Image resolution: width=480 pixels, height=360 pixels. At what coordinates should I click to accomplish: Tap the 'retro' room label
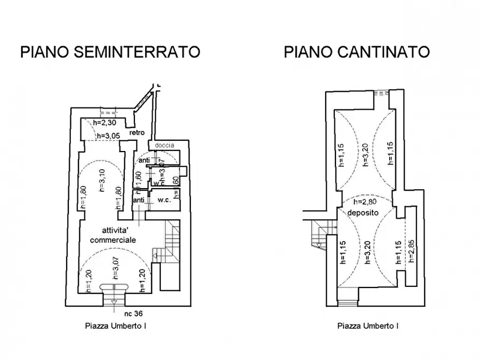pyautogui.click(x=137, y=133)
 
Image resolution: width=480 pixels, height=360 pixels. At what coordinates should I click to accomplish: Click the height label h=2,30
pyautogui.click(x=104, y=123)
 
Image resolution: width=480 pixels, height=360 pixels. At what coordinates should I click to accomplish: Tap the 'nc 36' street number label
pyautogui.click(x=133, y=313)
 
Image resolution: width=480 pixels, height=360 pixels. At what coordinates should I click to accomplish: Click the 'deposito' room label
pyautogui.click(x=363, y=213)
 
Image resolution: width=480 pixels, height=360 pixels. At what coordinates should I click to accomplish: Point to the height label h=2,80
pyautogui.click(x=366, y=203)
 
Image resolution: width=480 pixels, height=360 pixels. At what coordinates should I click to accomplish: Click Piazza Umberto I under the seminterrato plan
pyautogui.click(x=116, y=326)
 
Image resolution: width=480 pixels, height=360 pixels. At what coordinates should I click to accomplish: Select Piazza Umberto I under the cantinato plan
pyautogui.click(x=368, y=326)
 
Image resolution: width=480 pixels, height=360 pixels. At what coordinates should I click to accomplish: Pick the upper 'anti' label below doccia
pyautogui.click(x=145, y=160)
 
